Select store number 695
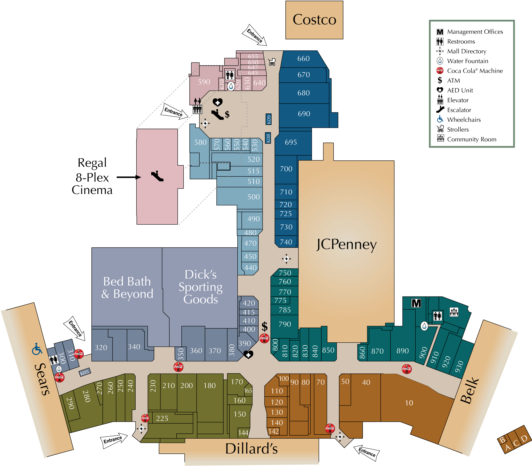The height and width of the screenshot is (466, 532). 291,142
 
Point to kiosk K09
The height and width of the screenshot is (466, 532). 269,119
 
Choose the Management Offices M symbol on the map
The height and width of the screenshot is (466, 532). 416,303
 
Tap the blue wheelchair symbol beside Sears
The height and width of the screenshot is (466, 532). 37,349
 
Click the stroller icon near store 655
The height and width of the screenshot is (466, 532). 272,62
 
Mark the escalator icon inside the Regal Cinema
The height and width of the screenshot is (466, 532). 157,176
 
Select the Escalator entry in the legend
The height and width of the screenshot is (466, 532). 459,110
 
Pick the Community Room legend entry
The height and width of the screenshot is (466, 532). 471,139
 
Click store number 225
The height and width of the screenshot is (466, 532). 162,418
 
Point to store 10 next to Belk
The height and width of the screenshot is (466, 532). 409,403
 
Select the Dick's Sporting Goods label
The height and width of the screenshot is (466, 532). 200,287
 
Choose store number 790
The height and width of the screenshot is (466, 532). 285,324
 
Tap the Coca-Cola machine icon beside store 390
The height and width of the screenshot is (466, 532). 264,338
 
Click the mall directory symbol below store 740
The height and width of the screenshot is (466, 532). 286,258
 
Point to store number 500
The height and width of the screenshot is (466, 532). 253,197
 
